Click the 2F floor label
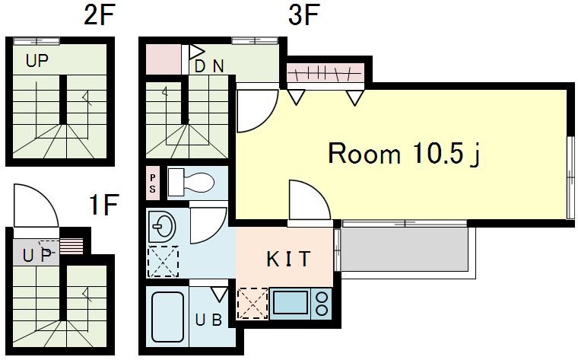[100, 15]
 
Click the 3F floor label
[303, 15]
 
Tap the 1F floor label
[104, 205]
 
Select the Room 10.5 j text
[404, 153]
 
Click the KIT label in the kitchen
[288, 259]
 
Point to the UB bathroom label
[208, 320]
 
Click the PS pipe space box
[153, 183]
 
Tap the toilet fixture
[191, 182]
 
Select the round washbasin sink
[161, 226]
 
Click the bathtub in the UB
[168, 317]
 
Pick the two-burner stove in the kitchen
[322, 304]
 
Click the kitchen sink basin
[291, 302]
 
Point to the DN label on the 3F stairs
[209, 66]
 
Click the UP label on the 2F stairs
[37, 60]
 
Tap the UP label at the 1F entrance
[37, 255]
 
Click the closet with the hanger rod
[325, 72]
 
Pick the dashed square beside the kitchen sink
[252, 303]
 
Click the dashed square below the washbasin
[163, 262]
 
